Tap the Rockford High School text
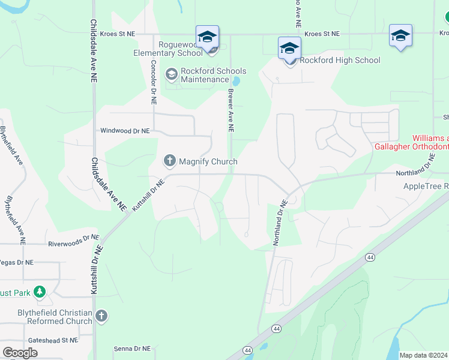pos(340,60)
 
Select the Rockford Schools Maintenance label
pos(205,75)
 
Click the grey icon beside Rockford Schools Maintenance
pos(171,74)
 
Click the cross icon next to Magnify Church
pos(169,161)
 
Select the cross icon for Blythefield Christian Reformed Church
pos(101,316)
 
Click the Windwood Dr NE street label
pos(125,130)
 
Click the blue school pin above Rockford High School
pos(289,48)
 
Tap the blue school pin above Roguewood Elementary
pos(207,37)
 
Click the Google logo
pos(20,352)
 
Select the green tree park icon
pos(40,292)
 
